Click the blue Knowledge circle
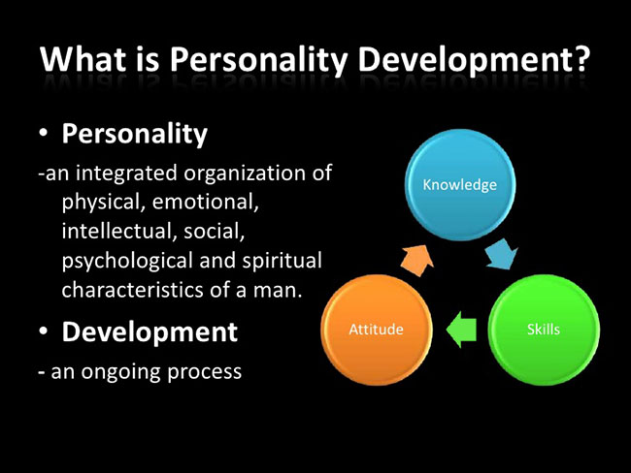pos(460,185)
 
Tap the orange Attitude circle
pos(377,330)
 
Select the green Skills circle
pos(544,330)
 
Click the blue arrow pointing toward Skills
pos(502,254)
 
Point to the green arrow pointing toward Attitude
pos(461,330)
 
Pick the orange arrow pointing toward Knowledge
pos(417,260)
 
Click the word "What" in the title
pos(83,59)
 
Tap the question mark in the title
pos(581,59)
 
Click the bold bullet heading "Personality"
pos(134,134)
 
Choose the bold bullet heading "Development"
pos(149,332)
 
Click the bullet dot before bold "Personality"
pos(44,133)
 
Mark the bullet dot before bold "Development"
pos(44,331)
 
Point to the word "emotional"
pos(205,202)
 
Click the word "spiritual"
pos(282,262)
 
